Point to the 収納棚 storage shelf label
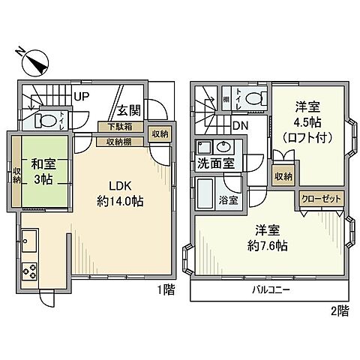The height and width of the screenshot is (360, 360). pos(120,140)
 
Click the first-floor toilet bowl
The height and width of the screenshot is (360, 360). pos(48,120)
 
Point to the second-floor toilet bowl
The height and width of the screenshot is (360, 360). pos(253,97)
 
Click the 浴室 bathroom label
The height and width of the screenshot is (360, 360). pos(228,200)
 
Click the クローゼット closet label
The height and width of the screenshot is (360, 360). pos(321,199)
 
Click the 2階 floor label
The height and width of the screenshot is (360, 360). pos(338,310)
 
